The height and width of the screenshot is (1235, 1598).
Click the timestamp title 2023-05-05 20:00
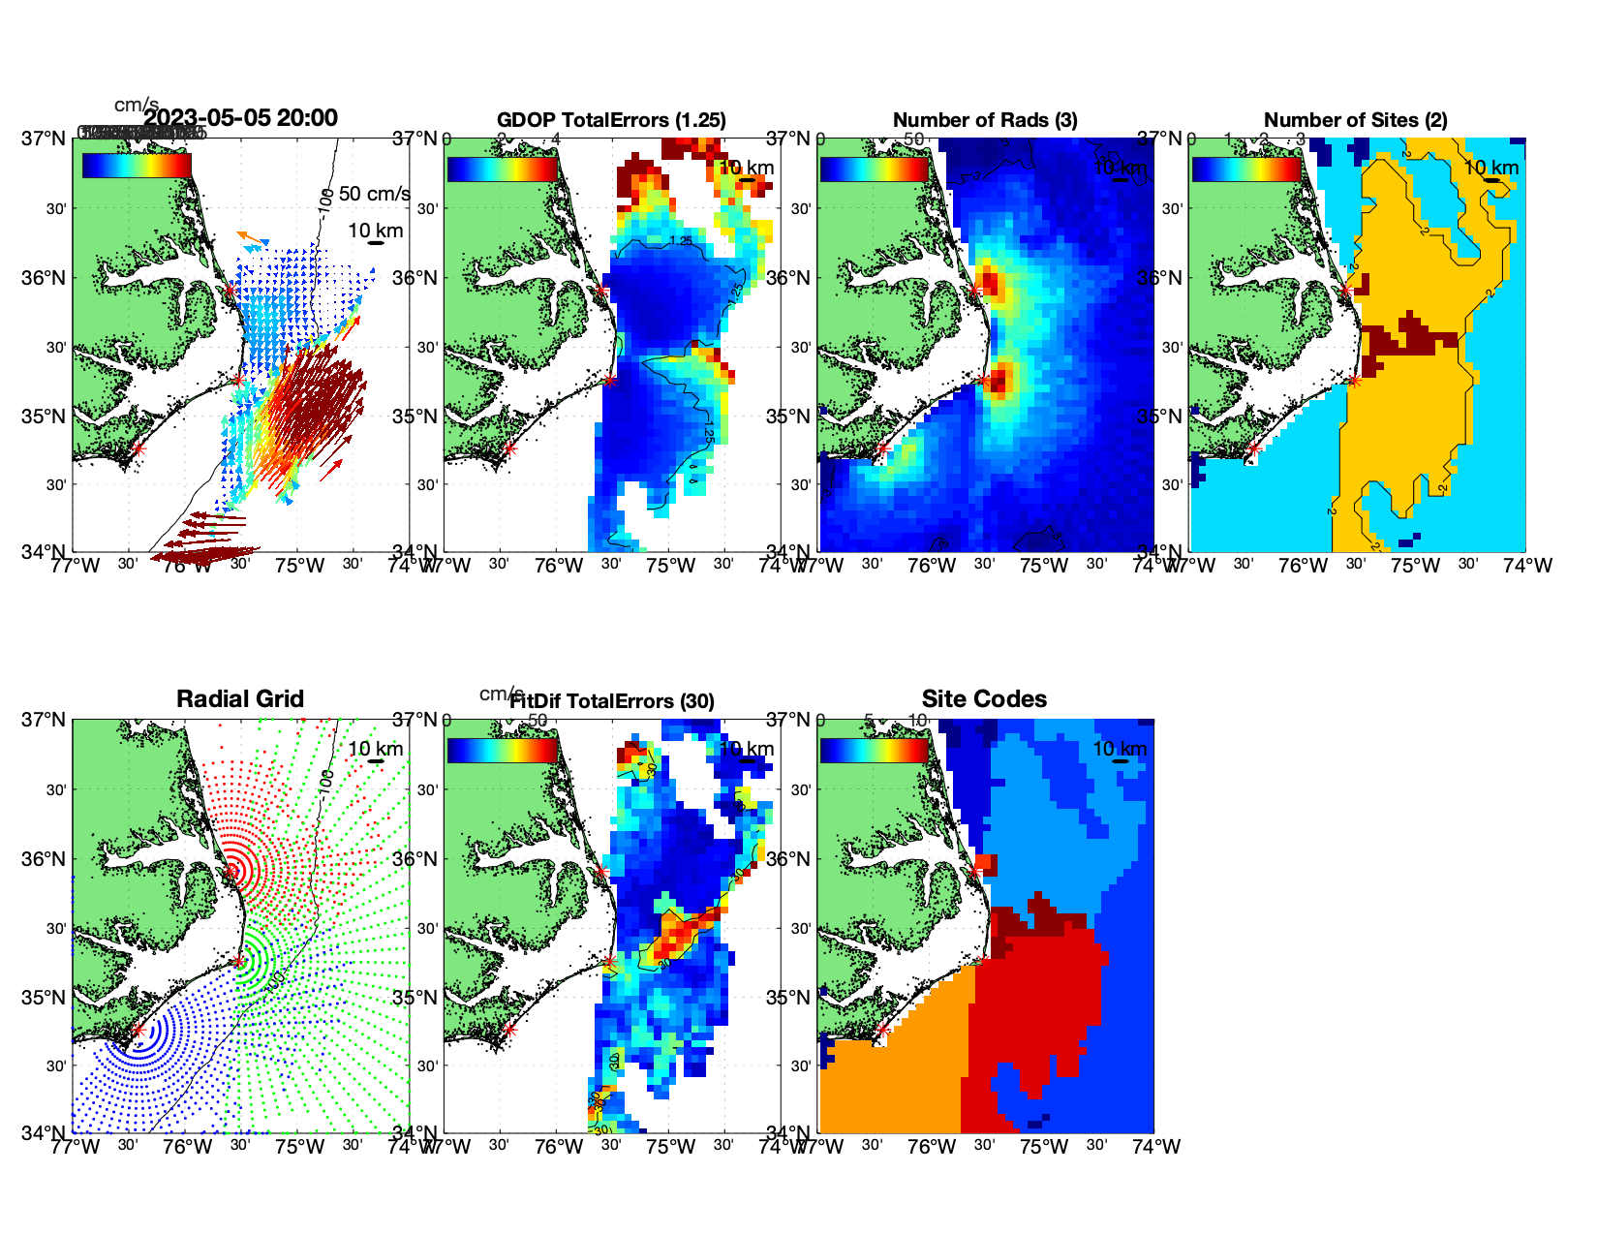(x=240, y=118)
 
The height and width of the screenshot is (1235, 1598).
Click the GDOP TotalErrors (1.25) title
(x=611, y=120)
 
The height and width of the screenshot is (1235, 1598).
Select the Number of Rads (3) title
(x=985, y=120)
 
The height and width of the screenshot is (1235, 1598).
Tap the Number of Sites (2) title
(x=1355, y=120)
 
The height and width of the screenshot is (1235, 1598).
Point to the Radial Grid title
(x=240, y=699)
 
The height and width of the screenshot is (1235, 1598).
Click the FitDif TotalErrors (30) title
(x=612, y=701)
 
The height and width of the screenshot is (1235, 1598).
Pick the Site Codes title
(x=984, y=699)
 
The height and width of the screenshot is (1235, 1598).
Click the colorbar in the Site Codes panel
(x=875, y=751)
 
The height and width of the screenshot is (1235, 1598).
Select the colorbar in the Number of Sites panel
(x=1246, y=169)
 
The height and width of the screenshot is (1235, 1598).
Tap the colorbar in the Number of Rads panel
(x=875, y=169)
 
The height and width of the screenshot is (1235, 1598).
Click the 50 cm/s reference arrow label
(x=375, y=194)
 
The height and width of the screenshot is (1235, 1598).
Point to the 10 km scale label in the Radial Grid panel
(x=376, y=749)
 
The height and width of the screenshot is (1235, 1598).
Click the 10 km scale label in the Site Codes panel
(x=1120, y=749)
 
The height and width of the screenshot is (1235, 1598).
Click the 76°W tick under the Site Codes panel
(x=932, y=1147)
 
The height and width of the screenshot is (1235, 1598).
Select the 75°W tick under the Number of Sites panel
(x=1415, y=566)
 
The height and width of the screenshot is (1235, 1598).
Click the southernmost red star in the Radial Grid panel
(x=138, y=1031)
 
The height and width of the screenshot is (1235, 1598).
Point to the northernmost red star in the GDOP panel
(x=600, y=290)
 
